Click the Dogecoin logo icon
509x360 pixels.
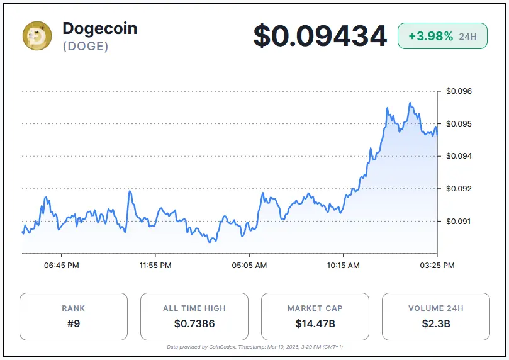click(x=37, y=36)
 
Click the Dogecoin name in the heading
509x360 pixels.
click(x=99, y=28)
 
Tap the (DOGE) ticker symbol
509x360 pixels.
click(x=86, y=47)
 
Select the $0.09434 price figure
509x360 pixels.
click(x=320, y=36)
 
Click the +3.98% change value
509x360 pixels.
click(x=430, y=37)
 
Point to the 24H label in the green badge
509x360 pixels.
click(x=467, y=37)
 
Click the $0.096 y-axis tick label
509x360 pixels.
click(x=459, y=91)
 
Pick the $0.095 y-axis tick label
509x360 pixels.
click(x=459, y=124)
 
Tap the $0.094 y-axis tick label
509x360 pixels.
click(x=459, y=156)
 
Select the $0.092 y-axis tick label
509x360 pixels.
click(x=459, y=189)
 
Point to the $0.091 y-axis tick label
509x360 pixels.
click(x=459, y=222)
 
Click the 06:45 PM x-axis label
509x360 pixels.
click(x=62, y=266)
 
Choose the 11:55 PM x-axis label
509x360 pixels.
click(x=155, y=266)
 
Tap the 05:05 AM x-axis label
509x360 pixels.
click(x=249, y=266)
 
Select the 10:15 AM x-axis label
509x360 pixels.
click(x=343, y=266)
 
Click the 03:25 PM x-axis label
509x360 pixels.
click(x=437, y=266)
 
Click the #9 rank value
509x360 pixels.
click(x=74, y=324)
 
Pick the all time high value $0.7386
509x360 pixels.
click(x=194, y=324)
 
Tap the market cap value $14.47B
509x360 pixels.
click(x=315, y=324)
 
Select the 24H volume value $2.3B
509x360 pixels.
click(x=436, y=324)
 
